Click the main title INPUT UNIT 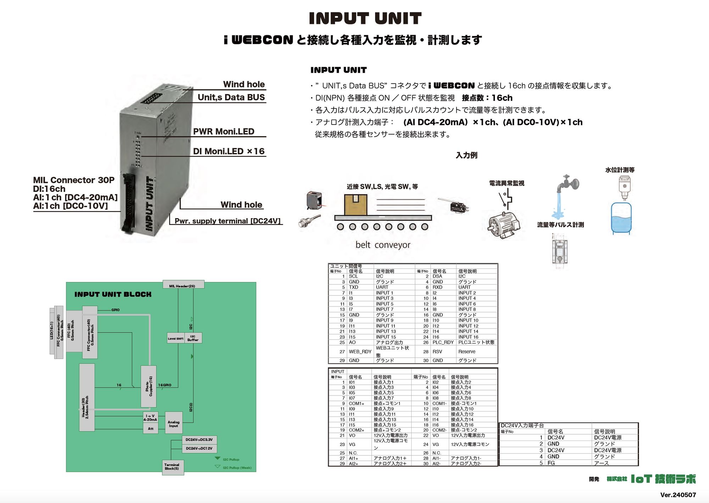365,18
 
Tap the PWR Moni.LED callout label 223,131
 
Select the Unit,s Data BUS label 231,97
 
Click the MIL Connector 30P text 74,180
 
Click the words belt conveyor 383,245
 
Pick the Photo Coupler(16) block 149,386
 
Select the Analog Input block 173,422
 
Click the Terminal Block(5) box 172,467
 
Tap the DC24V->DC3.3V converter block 199,440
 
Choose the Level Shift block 175,338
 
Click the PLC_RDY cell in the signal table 443,342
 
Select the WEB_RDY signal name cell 360,352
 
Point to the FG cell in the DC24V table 551,463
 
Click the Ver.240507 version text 678,494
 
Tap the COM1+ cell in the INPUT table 356,403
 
